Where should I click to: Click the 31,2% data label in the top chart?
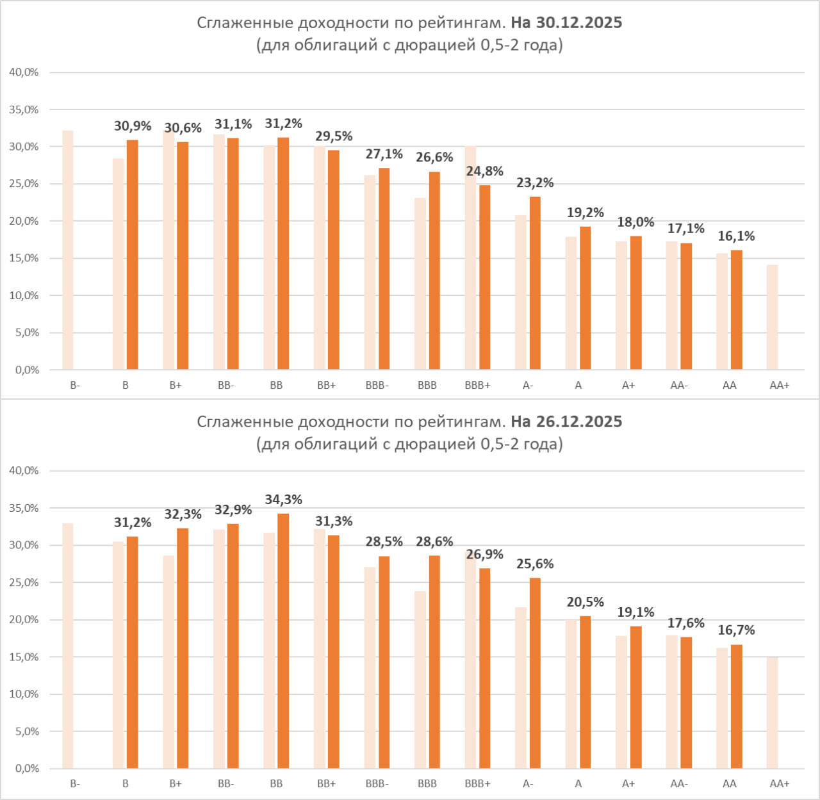[283, 124]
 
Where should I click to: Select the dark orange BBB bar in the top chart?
[434, 270]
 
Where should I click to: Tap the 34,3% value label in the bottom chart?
[283, 500]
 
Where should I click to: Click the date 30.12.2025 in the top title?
[566, 23]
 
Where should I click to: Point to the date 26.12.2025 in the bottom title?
[566, 421]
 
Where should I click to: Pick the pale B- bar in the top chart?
[68, 250]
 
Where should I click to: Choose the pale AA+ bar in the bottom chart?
[772, 712]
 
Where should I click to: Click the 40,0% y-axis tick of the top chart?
[24, 72]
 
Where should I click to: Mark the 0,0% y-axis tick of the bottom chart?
[24, 768]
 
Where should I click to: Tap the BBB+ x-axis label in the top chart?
[477, 386]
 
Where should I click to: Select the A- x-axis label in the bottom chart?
[528, 784]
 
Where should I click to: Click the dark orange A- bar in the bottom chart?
[535, 673]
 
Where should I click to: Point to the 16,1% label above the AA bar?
[736, 236]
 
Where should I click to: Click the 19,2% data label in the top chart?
[585, 213]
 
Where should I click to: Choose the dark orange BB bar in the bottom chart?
[283, 641]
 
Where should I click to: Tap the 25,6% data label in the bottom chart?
[535, 564]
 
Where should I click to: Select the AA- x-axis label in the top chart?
[679, 386]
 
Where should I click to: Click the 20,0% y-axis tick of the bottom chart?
[24, 619]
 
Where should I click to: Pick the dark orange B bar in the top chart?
[133, 254]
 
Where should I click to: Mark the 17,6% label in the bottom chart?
[685, 623]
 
